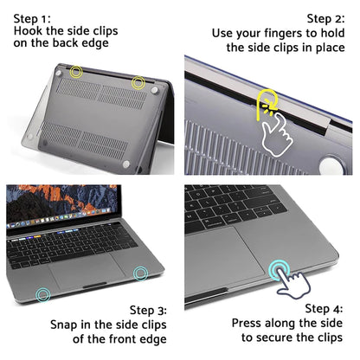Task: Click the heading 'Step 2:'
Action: [326, 17]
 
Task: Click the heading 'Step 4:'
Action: [326, 309]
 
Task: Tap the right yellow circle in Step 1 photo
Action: [138, 81]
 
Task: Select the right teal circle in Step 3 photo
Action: [140, 273]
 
